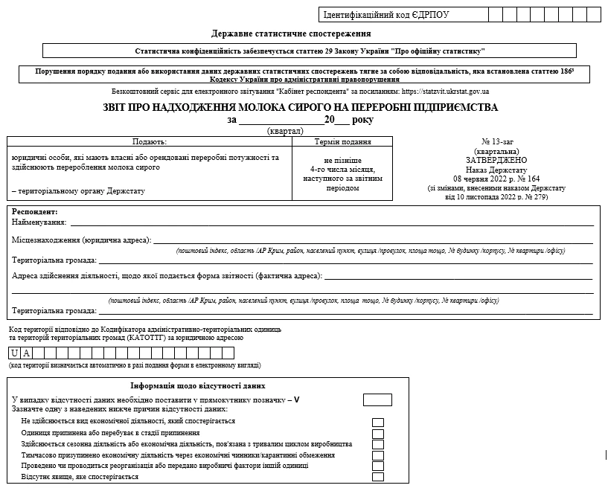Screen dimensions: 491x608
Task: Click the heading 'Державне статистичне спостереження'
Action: point(291,33)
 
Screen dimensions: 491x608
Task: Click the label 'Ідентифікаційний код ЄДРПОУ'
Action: point(385,14)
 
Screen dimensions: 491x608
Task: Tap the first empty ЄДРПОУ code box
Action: point(495,14)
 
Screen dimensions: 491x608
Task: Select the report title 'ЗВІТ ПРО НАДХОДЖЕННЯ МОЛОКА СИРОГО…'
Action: point(301,107)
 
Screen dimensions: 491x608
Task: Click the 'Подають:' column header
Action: point(150,141)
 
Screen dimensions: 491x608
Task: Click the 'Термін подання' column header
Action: point(342,141)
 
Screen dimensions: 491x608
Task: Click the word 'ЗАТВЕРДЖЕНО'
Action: point(496,160)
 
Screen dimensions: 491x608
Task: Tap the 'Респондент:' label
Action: point(34,211)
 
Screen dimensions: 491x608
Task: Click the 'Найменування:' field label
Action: point(39,222)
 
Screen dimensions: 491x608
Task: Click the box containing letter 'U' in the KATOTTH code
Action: point(14,353)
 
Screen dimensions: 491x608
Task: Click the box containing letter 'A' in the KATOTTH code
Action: point(26,353)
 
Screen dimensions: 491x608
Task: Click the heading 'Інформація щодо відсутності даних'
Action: point(198,385)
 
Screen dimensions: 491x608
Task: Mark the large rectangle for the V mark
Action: point(377,399)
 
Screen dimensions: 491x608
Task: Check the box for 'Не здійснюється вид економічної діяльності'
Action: point(377,422)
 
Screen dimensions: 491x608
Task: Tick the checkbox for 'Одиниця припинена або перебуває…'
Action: point(377,433)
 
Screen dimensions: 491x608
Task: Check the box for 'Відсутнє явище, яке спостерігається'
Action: point(377,477)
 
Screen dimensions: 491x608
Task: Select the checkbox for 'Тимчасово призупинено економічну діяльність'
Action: point(377,455)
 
